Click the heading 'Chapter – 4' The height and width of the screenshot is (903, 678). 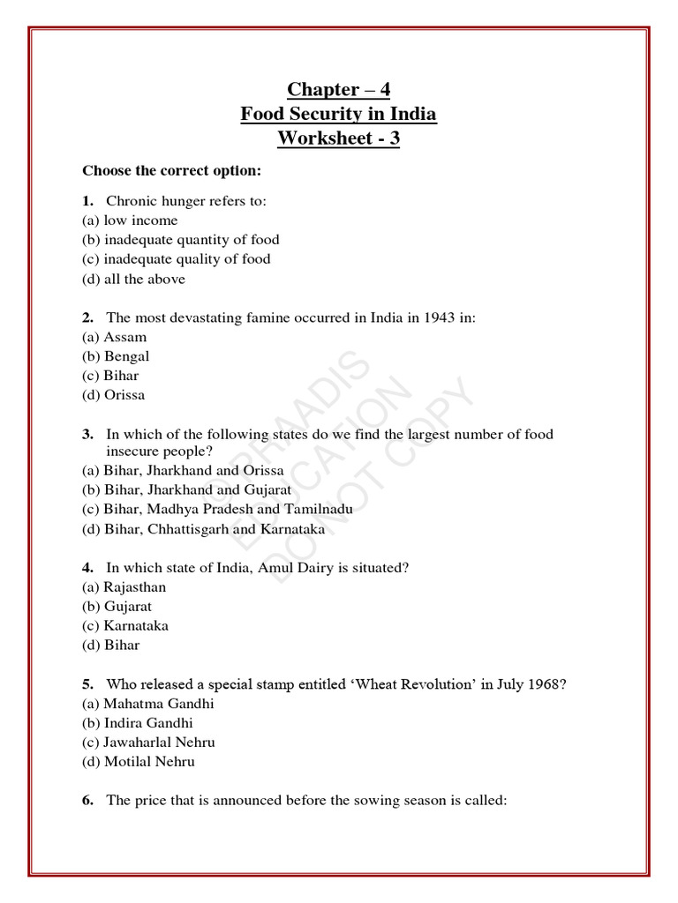pos(338,89)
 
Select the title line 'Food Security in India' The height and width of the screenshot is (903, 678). pos(338,114)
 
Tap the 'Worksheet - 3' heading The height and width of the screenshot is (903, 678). pos(338,138)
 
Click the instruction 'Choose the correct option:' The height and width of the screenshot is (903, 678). pos(171,169)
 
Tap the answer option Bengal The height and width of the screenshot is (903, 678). pos(116,356)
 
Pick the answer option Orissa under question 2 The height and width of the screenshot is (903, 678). pos(115,395)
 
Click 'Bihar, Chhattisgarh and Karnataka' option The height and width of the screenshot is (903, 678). pos(203,529)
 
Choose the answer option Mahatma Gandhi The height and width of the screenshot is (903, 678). pos(147,704)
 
